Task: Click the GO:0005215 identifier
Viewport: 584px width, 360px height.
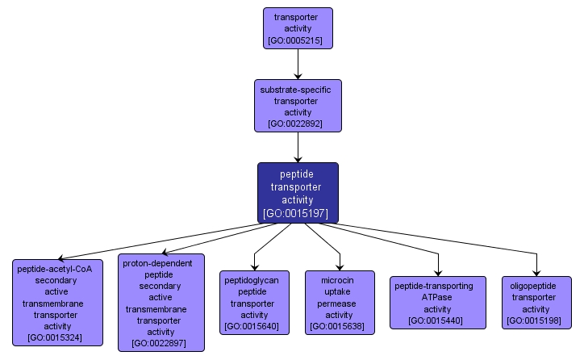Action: (298, 40)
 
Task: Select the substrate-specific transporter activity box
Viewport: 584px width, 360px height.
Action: (298, 105)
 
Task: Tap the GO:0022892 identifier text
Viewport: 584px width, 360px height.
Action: (298, 124)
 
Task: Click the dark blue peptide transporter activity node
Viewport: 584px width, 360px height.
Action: (298, 191)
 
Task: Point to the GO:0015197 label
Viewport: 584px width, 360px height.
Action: (298, 213)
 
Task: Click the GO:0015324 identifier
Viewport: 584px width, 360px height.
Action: (57, 337)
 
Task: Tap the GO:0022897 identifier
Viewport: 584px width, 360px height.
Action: (161, 343)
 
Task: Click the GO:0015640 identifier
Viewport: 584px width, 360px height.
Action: (254, 326)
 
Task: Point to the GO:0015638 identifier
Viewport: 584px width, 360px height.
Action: (340, 326)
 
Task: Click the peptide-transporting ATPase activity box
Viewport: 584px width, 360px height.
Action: (437, 302)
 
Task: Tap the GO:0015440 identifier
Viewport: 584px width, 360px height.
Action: (437, 320)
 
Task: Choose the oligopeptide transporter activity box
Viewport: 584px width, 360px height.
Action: (536, 302)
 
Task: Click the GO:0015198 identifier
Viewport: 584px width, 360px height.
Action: (536, 321)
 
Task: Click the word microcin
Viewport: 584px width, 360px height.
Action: (339, 280)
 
